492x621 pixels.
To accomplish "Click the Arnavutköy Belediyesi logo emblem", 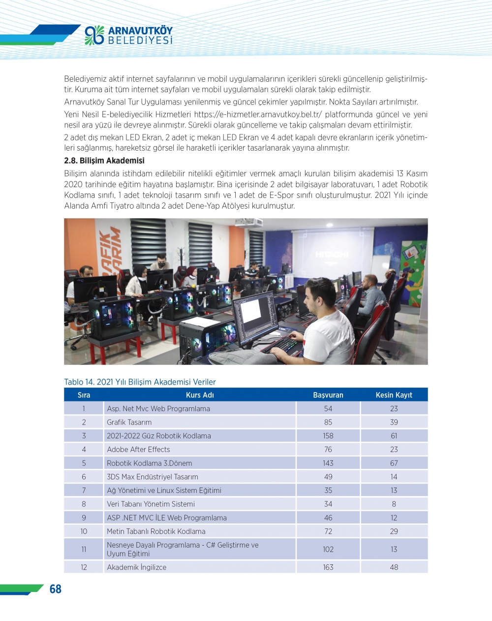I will click(94, 35).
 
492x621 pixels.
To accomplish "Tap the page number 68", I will click(55, 589).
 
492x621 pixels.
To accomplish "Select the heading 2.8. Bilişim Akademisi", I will click(104, 161).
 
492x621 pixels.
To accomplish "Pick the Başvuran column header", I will click(328, 395).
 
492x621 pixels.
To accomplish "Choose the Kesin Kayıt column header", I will click(394, 395).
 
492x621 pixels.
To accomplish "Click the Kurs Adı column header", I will click(200, 395).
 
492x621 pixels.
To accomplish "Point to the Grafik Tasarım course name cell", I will click(129, 422).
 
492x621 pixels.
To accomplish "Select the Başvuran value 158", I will click(328, 436).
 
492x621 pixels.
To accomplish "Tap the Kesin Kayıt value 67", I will click(394, 463).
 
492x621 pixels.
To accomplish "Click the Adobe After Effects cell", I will click(138, 450).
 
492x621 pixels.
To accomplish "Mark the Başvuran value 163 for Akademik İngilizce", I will click(328, 567).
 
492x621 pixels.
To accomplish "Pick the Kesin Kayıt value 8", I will click(394, 504).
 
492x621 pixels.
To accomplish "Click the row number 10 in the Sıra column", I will click(84, 531).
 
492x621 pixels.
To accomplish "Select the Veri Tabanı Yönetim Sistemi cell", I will click(151, 504).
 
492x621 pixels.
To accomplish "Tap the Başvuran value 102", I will click(328, 549).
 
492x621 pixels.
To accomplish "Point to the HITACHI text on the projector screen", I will click(332, 254).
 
